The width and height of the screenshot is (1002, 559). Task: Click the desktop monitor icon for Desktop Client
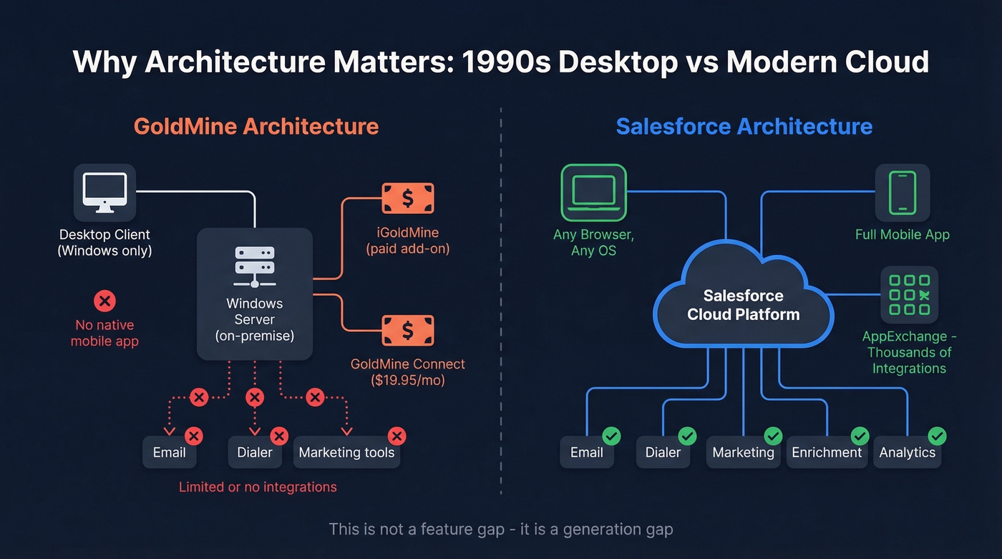click(104, 192)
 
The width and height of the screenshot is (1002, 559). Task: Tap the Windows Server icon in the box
click(254, 266)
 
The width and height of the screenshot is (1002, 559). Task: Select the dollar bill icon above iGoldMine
click(408, 198)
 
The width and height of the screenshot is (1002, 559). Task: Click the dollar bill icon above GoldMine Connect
click(408, 330)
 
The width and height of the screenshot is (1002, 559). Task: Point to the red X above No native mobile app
click(104, 301)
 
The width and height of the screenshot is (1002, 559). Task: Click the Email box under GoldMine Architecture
click(170, 452)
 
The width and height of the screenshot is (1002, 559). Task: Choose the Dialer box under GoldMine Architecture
click(255, 452)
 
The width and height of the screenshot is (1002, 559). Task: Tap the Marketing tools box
click(346, 452)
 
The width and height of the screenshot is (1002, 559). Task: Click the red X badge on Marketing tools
click(396, 435)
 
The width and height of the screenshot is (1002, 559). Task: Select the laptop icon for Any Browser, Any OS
click(593, 192)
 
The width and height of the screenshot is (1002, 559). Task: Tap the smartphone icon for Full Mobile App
click(902, 192)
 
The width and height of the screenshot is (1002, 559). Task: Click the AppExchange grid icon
click(909, 295)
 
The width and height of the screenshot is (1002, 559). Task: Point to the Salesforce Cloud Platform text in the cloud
click(743, 305)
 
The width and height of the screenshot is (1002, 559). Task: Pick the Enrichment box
click(827, 452)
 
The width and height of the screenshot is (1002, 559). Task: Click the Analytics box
click(907, 452)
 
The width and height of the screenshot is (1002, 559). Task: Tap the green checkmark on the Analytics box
click(937, 435)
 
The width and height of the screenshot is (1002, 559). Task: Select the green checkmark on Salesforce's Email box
click(611, 435)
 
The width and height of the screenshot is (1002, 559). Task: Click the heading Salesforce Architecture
click(744, 127)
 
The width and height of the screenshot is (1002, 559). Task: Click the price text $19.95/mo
click(408, 380)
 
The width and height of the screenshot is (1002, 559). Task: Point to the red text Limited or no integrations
click(258, 487)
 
